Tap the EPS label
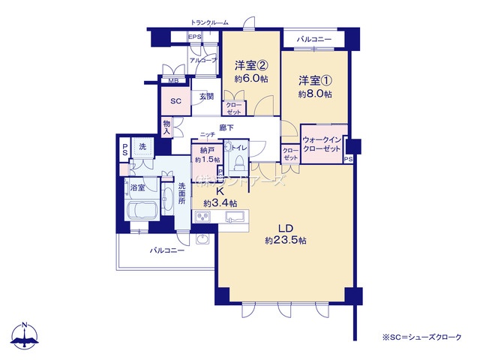(194, 37)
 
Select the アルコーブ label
(202, 60)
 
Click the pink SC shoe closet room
(176, 101)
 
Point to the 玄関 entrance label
(206, 96)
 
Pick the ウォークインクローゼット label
(323, 143)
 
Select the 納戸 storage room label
(207, 151)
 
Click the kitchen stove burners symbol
(204, 217)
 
